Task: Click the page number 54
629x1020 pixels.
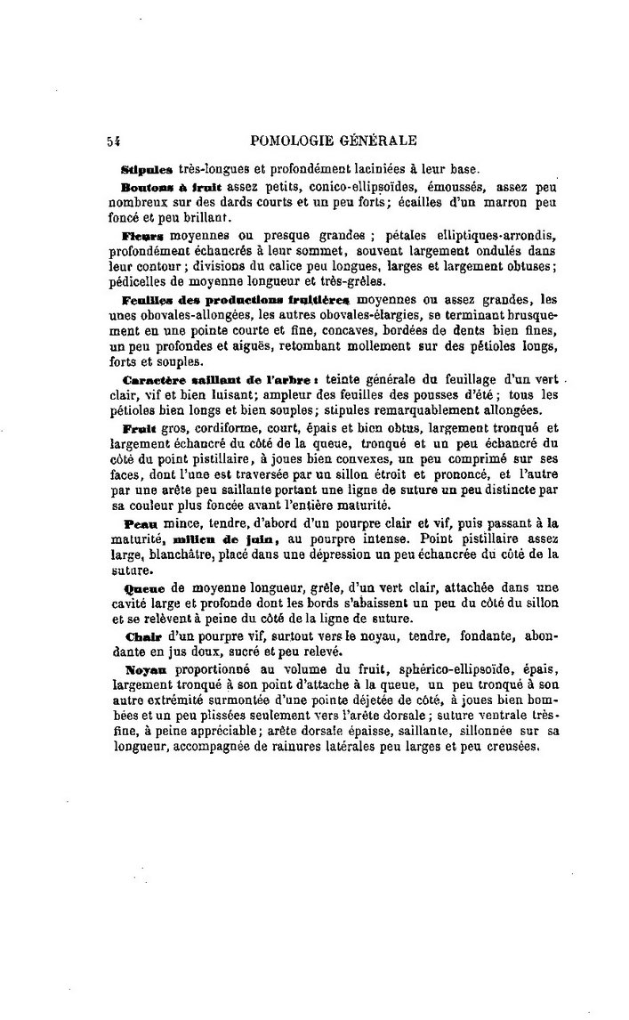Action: click(113, 141)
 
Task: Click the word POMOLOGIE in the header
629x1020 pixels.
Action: click(294, 141)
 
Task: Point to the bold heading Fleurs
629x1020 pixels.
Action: click(142, 235)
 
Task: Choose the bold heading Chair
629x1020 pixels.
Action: click(141, 636)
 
